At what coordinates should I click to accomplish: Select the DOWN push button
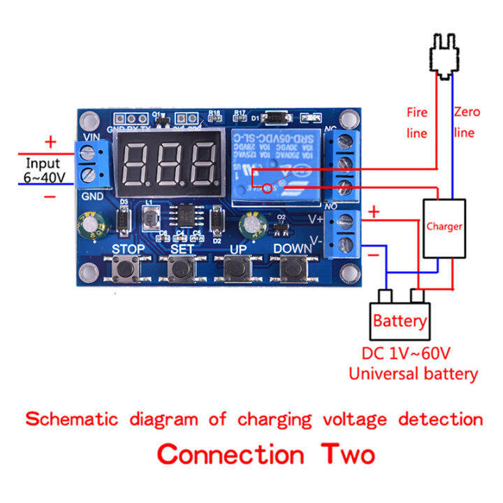292,268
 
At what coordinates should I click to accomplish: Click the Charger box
444,227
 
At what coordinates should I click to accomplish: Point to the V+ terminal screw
344,221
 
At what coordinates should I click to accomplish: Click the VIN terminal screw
89,152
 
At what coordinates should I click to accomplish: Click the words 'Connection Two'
265,454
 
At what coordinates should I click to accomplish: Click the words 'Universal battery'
414,374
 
